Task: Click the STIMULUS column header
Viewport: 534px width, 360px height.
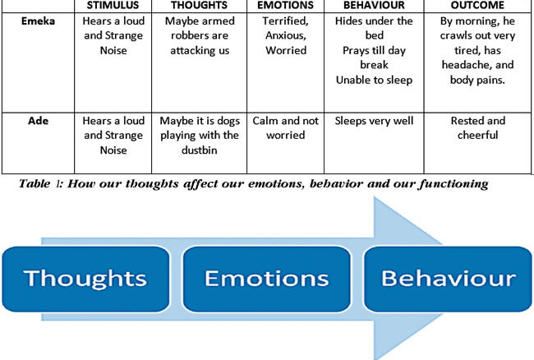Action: point(113,5)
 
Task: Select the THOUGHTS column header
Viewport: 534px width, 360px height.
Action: point(200,5)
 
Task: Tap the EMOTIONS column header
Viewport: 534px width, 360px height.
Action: point(285,5)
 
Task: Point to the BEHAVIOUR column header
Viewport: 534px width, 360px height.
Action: point(374,5)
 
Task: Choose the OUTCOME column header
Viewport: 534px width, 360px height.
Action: point(477,5)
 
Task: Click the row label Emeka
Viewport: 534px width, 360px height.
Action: point(38,21)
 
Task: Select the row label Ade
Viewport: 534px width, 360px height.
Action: point(38,121)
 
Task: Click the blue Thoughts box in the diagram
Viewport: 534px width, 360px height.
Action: point(85,279)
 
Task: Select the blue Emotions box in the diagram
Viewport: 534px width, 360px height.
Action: point(267,279)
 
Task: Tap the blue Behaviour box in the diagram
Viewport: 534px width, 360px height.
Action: point(448,279)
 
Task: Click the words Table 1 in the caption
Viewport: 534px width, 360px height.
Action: point(41,184)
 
